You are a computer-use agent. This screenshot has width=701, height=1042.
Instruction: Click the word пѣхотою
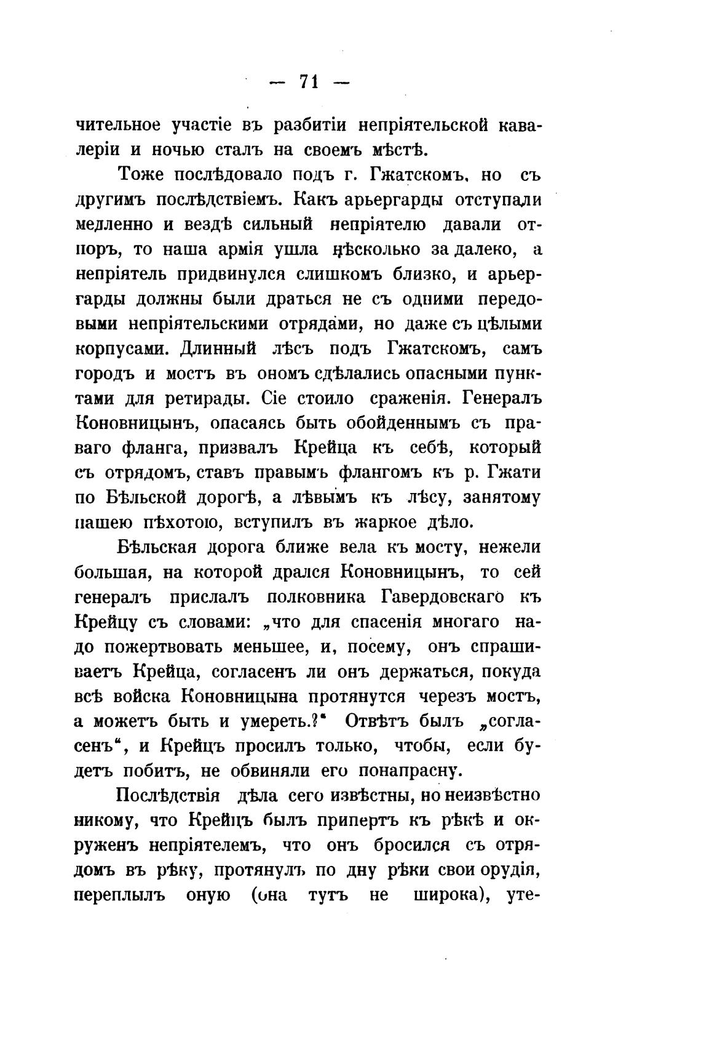(173, 523)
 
